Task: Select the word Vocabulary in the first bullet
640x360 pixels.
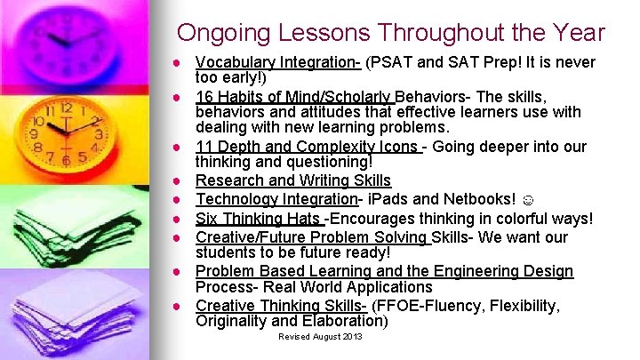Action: (234, 62)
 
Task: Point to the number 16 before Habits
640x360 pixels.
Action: (204, 96)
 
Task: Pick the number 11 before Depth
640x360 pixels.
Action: (204, 147)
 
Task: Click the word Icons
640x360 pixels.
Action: (397, 147)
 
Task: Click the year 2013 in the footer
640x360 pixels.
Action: (351, 337)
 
